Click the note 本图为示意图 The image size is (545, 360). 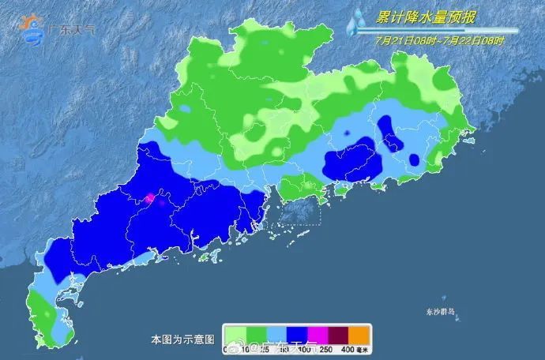click(182, 339)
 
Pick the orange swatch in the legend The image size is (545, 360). click(360, 333)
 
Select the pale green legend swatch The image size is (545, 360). click(236, 333)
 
